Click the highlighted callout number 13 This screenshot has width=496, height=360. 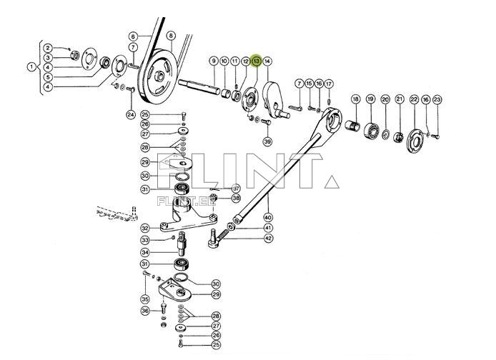pyautogui.click(x=257, y=61)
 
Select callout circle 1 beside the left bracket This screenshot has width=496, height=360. pyautogui.click(x=31, y=67)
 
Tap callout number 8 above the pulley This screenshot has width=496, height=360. pyautogui.click(x=170, y=36)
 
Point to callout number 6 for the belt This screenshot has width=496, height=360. pyautogui.click(x=133, y=36)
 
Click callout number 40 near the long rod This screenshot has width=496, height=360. pyautogui.click(x=268, y=217)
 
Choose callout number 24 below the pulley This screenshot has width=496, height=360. pyautogui.click(x=131, y=114)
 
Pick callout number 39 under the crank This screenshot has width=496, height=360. pyautogui.click(x=267, y=141)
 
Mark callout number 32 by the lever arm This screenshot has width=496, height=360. pyautogui.click(x=144, y=229)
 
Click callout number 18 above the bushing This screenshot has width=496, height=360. pyautogui.click(x=355, y=99)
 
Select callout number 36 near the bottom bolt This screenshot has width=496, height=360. pyautogui.click(x=144, y=311)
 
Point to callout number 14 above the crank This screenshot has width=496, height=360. pyautogui.click(x=267, y=61)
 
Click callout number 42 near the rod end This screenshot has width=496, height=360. pyautogui.click(x=268, y=239)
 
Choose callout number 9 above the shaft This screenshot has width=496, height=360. pyautogui.click(x=213, y=61)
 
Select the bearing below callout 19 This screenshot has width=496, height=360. pyautogui.click(x=372, y=131)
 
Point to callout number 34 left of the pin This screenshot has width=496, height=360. pyautogui.click(x=144, y=252)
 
